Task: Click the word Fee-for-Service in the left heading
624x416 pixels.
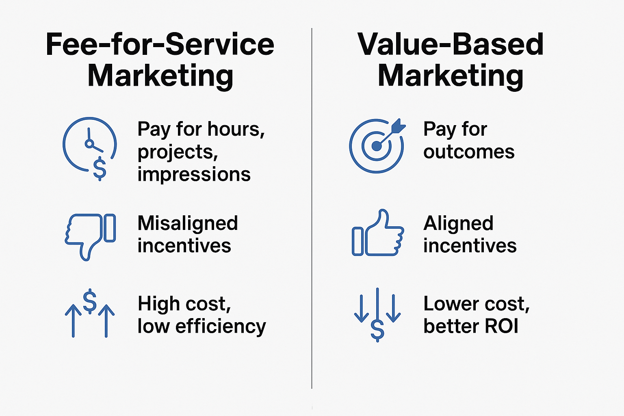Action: click(x=160, y=44)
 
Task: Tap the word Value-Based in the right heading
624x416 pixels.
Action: click(x=450, y=44)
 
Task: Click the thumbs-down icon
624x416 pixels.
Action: click(x=90, y=236)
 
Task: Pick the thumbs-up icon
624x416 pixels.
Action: click(x=377, y=234)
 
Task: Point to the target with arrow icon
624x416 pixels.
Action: click(x=377, y=145)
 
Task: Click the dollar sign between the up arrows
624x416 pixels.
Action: click(x=90, y=301)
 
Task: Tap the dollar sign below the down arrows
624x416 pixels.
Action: click(x=377, y=330)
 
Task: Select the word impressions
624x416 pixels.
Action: click(x=194, y=174)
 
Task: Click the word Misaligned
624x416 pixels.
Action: click(x=188, y=223)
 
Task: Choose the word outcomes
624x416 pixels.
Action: click(x=469, y=152)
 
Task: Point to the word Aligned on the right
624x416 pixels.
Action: click(x=458, y=223)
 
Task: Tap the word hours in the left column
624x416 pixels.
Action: click(x=236, y=129)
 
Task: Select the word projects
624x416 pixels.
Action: click(x=177, y=152)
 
